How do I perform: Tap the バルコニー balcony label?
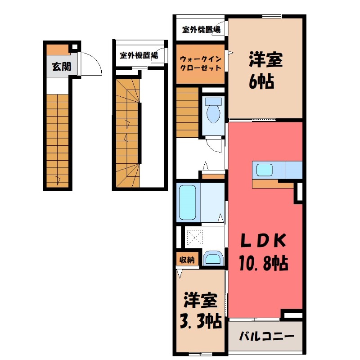click(266, 336)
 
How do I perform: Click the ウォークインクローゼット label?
click(200, 63)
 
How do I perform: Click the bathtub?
click(188, 201)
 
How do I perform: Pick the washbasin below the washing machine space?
click(212, 259)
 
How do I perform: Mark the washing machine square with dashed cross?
click(196, 237)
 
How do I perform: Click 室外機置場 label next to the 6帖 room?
click(201, 30)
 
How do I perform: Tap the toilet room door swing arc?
click(213, 145)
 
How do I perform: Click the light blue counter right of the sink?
click(293, 170)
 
